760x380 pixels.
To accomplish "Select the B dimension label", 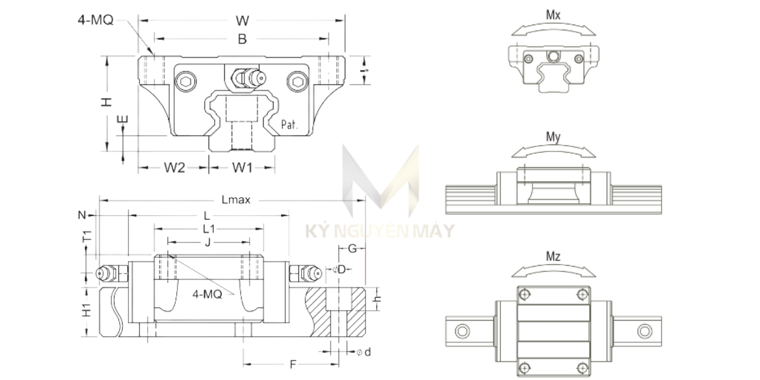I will (x=242, y=39).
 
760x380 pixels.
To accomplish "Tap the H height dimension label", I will (x=107, y=101).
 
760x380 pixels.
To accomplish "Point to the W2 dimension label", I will (x=174, y=168).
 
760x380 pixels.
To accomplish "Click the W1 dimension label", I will (x=242, y=168).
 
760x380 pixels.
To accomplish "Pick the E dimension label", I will (x=123, y=119).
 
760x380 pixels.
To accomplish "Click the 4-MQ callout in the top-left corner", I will (x=95, y=20).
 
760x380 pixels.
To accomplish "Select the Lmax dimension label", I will (x=236, y=199).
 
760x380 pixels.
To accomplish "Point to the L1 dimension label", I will (x=208, y=228).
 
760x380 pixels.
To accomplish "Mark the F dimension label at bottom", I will (x=293, y=364).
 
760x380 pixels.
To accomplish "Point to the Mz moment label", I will (x=553, y=257).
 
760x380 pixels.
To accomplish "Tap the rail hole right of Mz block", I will (x=644, y=330).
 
